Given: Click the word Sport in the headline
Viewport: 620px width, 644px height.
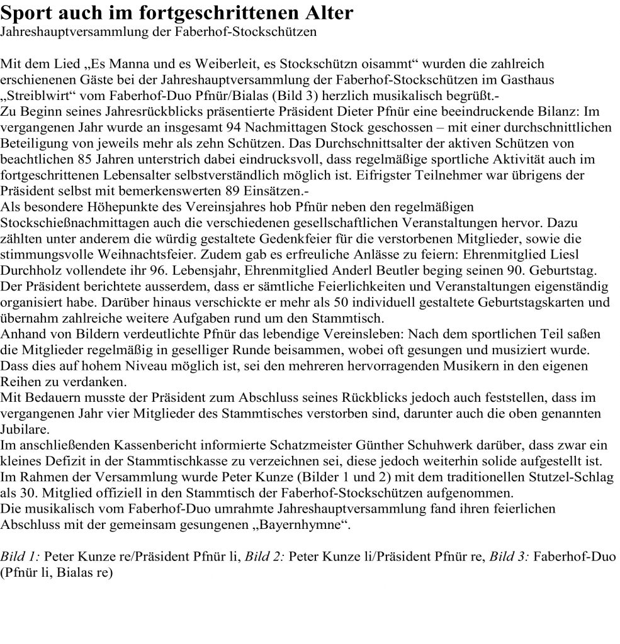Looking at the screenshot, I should click(27, 13).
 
